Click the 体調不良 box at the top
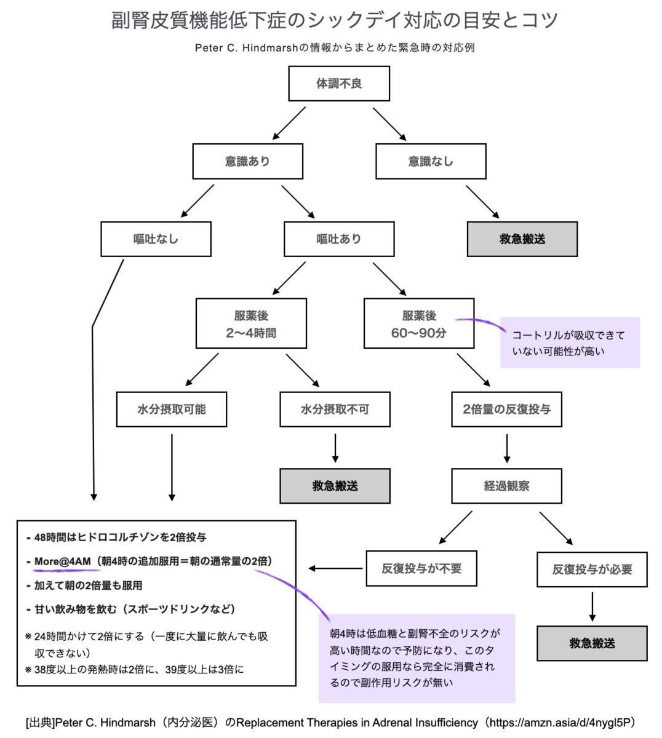[x=339, y=84]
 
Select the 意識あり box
[x=247, y=161]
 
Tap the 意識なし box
[x=431, y=161]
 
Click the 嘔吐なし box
[x=156, y=239]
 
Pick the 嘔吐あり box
[x=339, y=239]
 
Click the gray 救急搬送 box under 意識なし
[x=522, y=239]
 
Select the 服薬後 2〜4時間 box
[x=251, y=324]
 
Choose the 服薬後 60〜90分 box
[x=419, y=324]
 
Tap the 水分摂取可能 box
[x=171, y=409]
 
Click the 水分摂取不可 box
[x=335, y=409]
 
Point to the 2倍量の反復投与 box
[x=506, y=409]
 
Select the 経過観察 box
[x=506, y=486]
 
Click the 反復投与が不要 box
[x=421, y=568]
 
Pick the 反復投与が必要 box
[x=592, y=569]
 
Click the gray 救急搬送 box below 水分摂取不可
[x=335, y=486]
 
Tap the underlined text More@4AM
[x=63, y=561]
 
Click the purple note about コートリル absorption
[x=569, y=343]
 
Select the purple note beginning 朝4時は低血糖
[x=417, y=658]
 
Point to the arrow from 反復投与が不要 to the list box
[x=335, y=568]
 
